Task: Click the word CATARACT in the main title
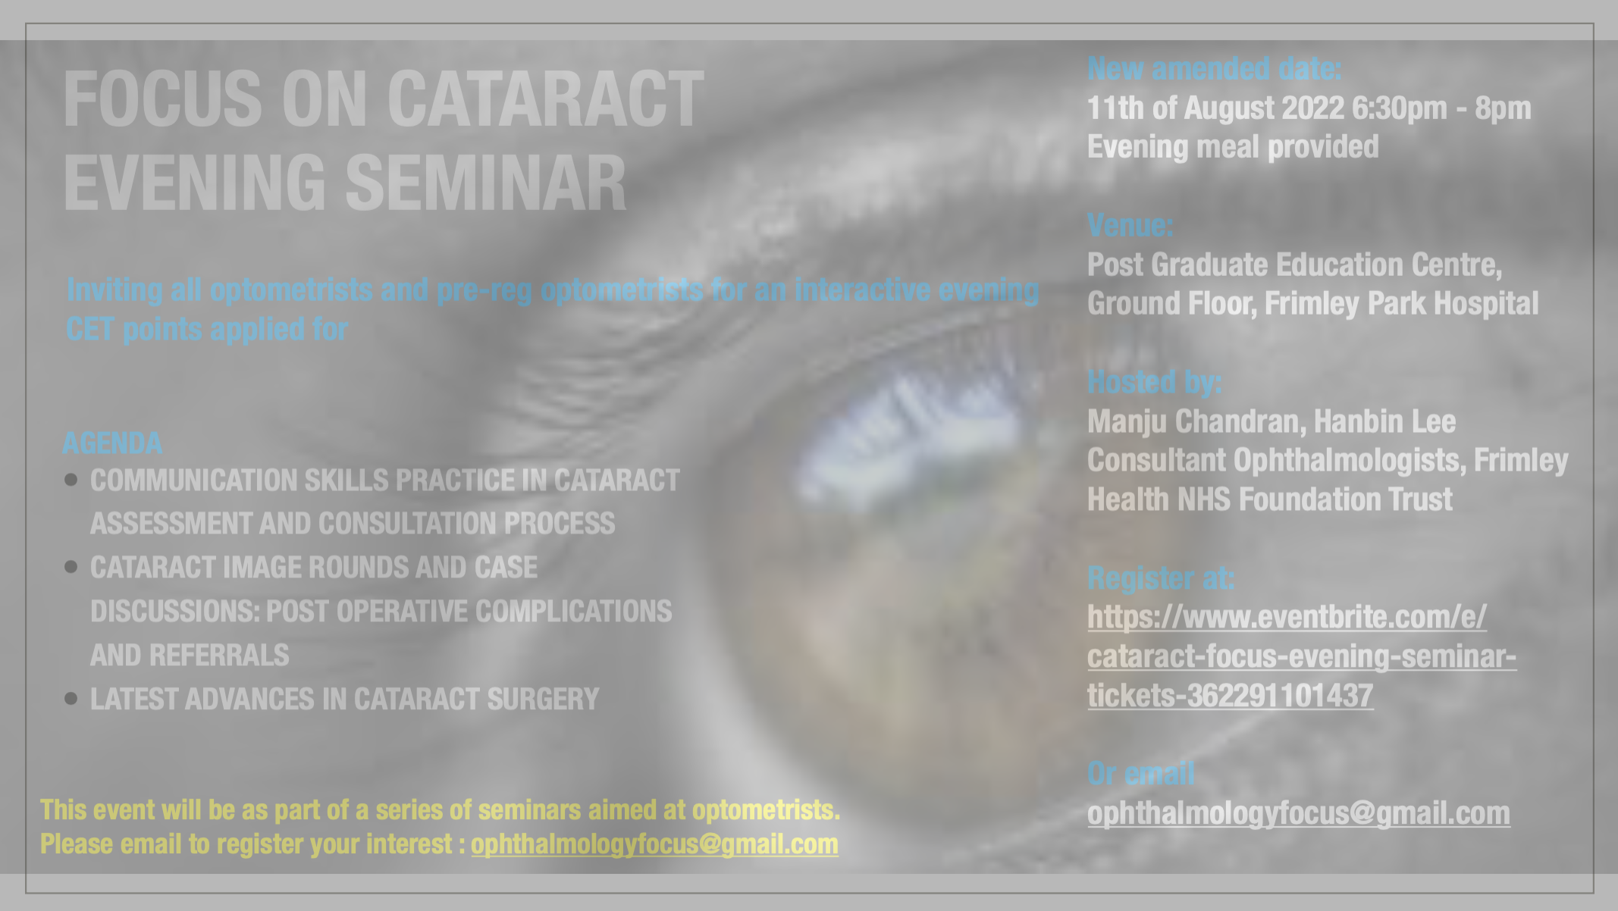tap(545, 99)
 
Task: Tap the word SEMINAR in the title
tap(486, 183)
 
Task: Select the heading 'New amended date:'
tap(1215, 69)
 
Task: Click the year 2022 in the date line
tap(1312, 108)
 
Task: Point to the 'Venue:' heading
tap(1130, 225)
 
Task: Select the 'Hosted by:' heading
tap(1155, 382)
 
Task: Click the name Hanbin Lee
tap(1384, 421)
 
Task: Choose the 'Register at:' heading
tap(1161, 578)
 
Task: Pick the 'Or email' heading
tap(1140, 774)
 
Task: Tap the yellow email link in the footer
tap(654, 844)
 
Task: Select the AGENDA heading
tap(112, 443)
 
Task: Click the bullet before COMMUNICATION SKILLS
tap(71, 480)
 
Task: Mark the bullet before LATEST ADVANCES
tap(71, 699)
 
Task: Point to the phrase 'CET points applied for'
tap(207, 330)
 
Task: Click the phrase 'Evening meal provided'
tap(1233, 147)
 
